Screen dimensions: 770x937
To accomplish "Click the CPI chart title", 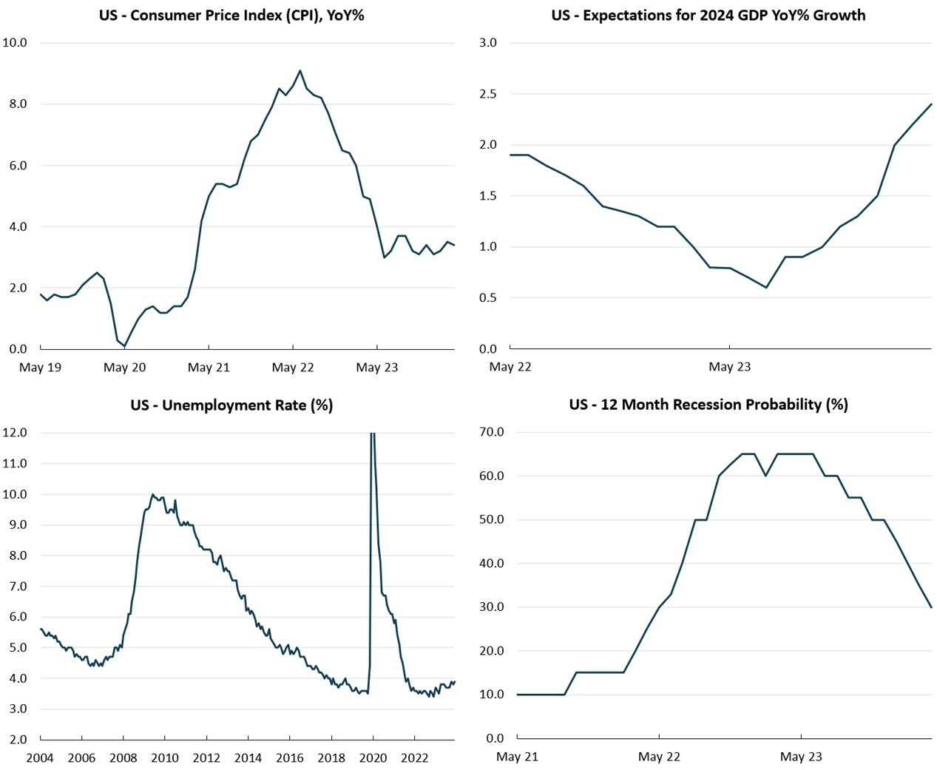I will [x=231, y=15].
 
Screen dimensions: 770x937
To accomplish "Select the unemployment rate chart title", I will [x=231, y=405].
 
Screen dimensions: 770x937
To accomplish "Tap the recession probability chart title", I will [x=708, y=404].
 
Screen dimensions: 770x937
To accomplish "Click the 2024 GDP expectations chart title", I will [x=708, y=15].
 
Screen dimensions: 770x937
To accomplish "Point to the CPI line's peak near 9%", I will [x=300, y=71].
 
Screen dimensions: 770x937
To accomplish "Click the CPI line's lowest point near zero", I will [x=124, y=345].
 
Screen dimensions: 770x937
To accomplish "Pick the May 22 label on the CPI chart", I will [x=293, y=367].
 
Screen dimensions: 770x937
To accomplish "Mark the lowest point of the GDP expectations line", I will [x=766, y=288].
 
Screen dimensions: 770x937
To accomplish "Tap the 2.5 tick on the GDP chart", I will [x=488, y=94].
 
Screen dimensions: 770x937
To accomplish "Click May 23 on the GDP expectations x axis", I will [x=729, y=366].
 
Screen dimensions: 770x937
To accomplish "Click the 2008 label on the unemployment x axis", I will [x=124, y=757].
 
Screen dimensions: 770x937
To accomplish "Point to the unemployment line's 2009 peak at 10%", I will [x=153, y=494].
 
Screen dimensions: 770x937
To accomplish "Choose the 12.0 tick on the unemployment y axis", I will [x=15, y=432].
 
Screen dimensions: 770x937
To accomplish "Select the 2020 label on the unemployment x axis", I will [x=373, y=757].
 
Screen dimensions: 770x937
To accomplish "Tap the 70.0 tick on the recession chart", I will [x=491, y=432].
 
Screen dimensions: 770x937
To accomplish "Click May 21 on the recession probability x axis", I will [x=517, y=756].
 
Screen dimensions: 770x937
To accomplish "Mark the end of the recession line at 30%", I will [x=931, y=607].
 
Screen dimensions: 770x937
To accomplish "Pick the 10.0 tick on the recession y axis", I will [x=491, y=695].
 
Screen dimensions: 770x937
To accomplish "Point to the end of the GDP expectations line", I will [x=931, y=104].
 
